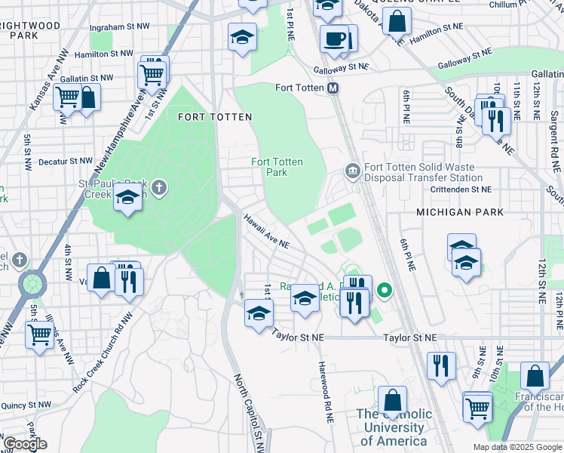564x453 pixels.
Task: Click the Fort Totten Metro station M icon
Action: (333, 88)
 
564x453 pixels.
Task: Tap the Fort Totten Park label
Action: (277, 167)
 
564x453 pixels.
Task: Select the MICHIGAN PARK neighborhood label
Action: (460, 213)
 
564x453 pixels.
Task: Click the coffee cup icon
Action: (333, 38)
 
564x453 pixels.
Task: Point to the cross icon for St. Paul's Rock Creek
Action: (158, 186)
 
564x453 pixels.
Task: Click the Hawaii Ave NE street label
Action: (266, 230)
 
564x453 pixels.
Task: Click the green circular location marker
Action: (385, 290)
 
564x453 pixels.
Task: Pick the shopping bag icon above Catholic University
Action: (392, 400)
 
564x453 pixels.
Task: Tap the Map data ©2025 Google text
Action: (516, 447)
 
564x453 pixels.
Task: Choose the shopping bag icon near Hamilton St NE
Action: (397, 23)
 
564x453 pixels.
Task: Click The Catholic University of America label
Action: (394, 427)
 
